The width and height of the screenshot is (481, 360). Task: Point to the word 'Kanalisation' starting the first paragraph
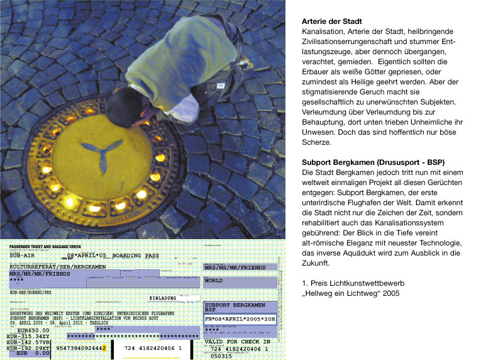(324, 31)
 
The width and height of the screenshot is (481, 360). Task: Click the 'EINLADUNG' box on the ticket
(167, 298)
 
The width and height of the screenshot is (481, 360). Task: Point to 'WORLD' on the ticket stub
(214, 280)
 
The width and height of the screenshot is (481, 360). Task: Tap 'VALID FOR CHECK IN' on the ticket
(237, 341)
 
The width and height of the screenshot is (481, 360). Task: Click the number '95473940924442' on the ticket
(80, 347)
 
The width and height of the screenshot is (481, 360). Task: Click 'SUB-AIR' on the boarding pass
(23, 257)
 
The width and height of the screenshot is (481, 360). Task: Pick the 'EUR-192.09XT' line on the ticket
(28, 347)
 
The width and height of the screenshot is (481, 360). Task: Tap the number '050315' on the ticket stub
(221, 356)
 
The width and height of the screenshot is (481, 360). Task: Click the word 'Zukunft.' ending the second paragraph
(316, 262)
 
